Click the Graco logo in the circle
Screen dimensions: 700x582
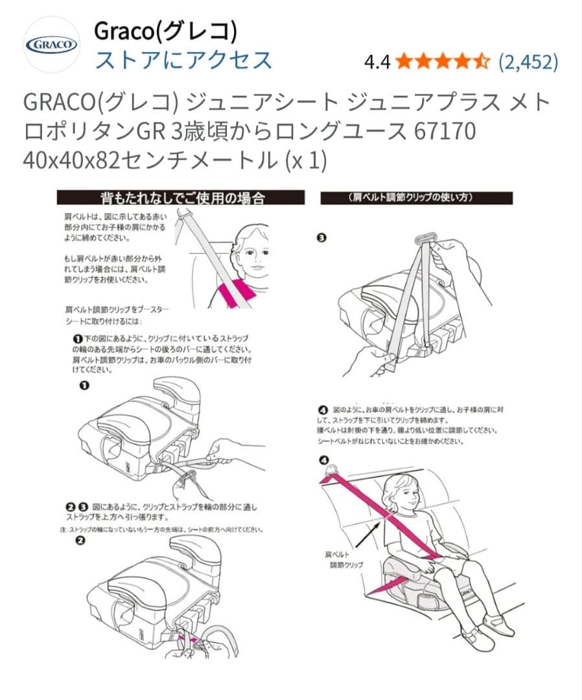click(x=51, y=45)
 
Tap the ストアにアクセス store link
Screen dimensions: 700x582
click(x=183, y=60)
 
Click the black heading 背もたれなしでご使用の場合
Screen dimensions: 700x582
click(x=181, y=197)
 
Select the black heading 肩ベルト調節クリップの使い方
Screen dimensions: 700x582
click(x=417, y=198)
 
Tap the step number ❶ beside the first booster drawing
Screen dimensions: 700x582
click(x=84, y=386)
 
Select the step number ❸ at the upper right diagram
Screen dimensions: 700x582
click(x=321, y=238)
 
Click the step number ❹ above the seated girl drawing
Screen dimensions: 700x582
click(x=323, y=461)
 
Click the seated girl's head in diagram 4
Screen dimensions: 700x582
click(x=402, y=493)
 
